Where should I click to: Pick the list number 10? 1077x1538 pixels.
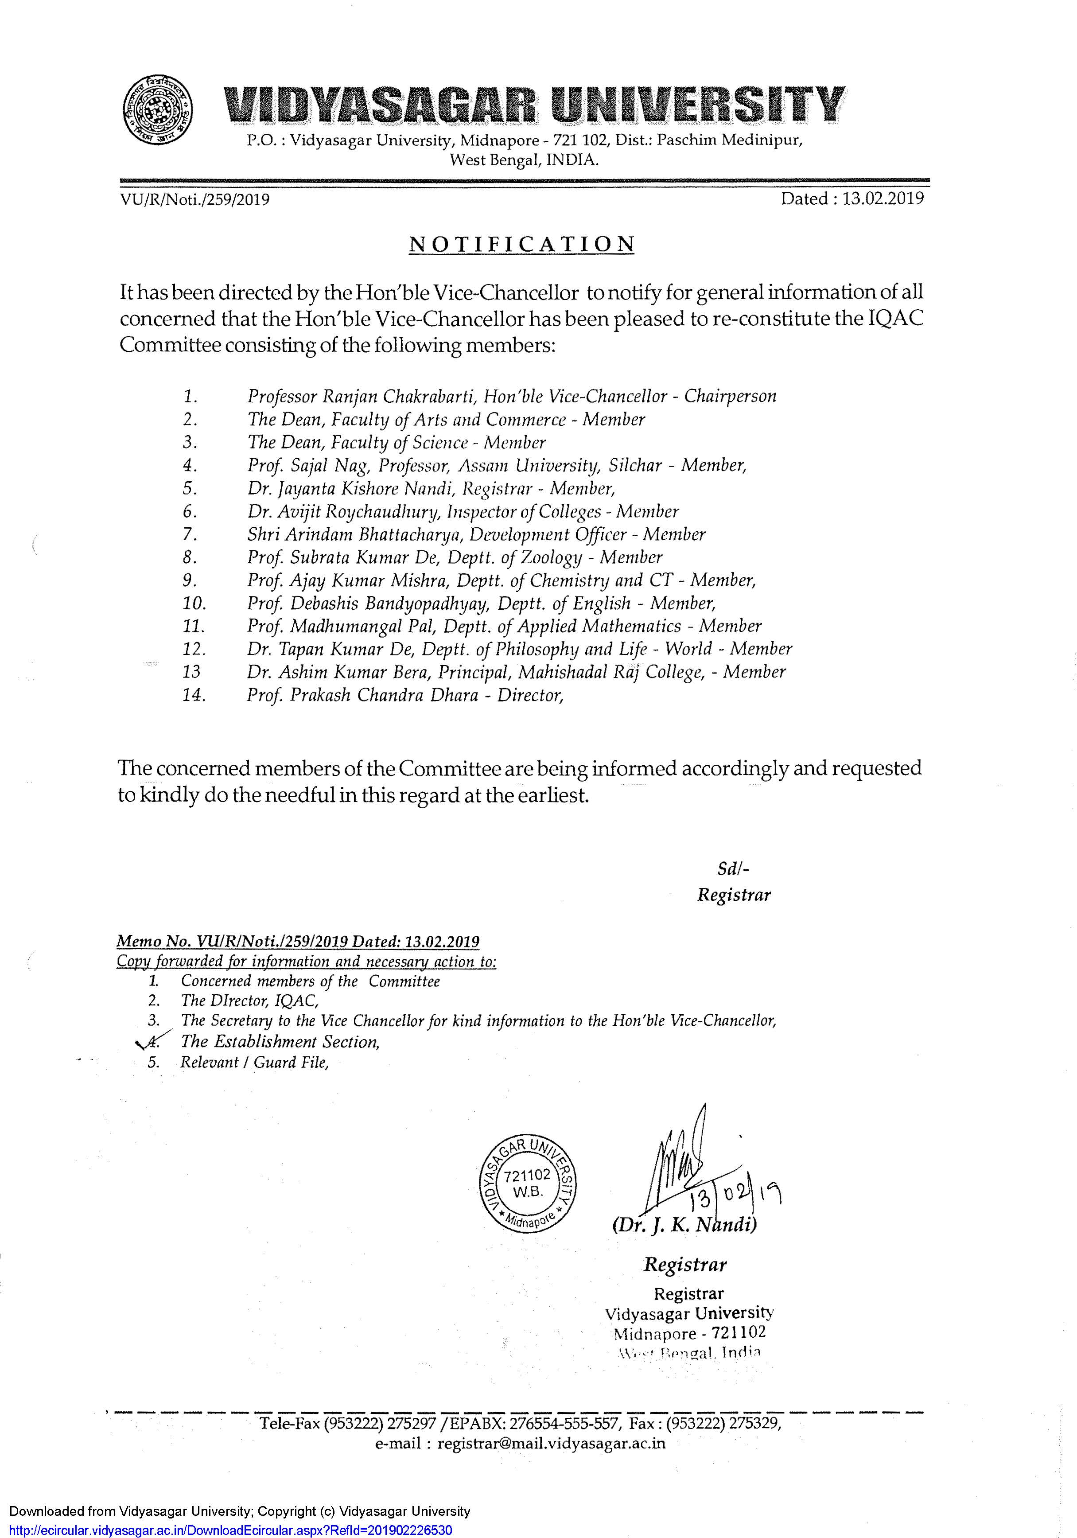click(x=194, y=604)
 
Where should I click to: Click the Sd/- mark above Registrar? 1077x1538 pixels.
click(x=733, y=869)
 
